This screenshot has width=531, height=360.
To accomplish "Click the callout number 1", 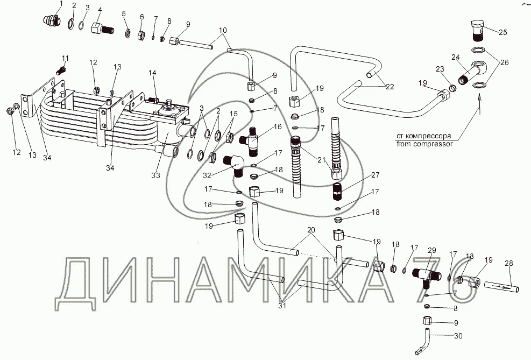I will [61, 4].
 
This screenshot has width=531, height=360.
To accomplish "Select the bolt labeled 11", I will [62, 69].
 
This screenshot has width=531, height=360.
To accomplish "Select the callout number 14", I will [152, 72].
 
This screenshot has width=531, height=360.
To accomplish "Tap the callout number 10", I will [223, 30].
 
